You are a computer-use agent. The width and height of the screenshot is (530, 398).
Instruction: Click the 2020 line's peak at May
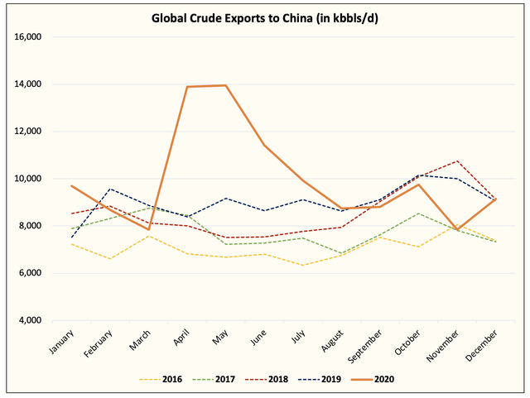(x=225, y=85)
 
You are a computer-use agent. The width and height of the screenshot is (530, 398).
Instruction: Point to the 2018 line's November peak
(x=455, y=161)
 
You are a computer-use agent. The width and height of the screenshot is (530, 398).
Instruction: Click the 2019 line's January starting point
(x=73, y=237)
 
